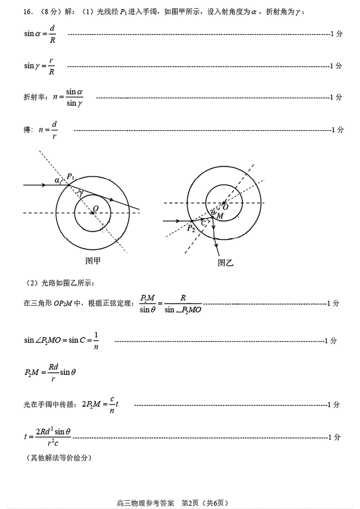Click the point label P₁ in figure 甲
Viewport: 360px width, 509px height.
[70, 176]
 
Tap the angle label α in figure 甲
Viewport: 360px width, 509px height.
[57, 180]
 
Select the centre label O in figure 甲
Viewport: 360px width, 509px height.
[95, 208]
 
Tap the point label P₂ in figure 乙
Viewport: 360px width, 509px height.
[191, 229]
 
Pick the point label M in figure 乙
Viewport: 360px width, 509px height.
[220, 216]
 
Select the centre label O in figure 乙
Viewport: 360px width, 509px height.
[225, 207]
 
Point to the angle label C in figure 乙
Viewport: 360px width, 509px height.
[204, 223]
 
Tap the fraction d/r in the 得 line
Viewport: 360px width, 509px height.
[54, 130]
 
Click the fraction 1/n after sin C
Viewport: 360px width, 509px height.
[96, 341]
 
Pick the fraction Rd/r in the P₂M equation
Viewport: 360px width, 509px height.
[53, 373]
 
